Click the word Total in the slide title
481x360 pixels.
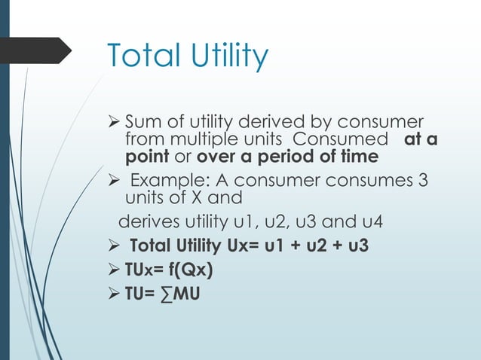(144, 56)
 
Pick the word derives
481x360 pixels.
(144, 221)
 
